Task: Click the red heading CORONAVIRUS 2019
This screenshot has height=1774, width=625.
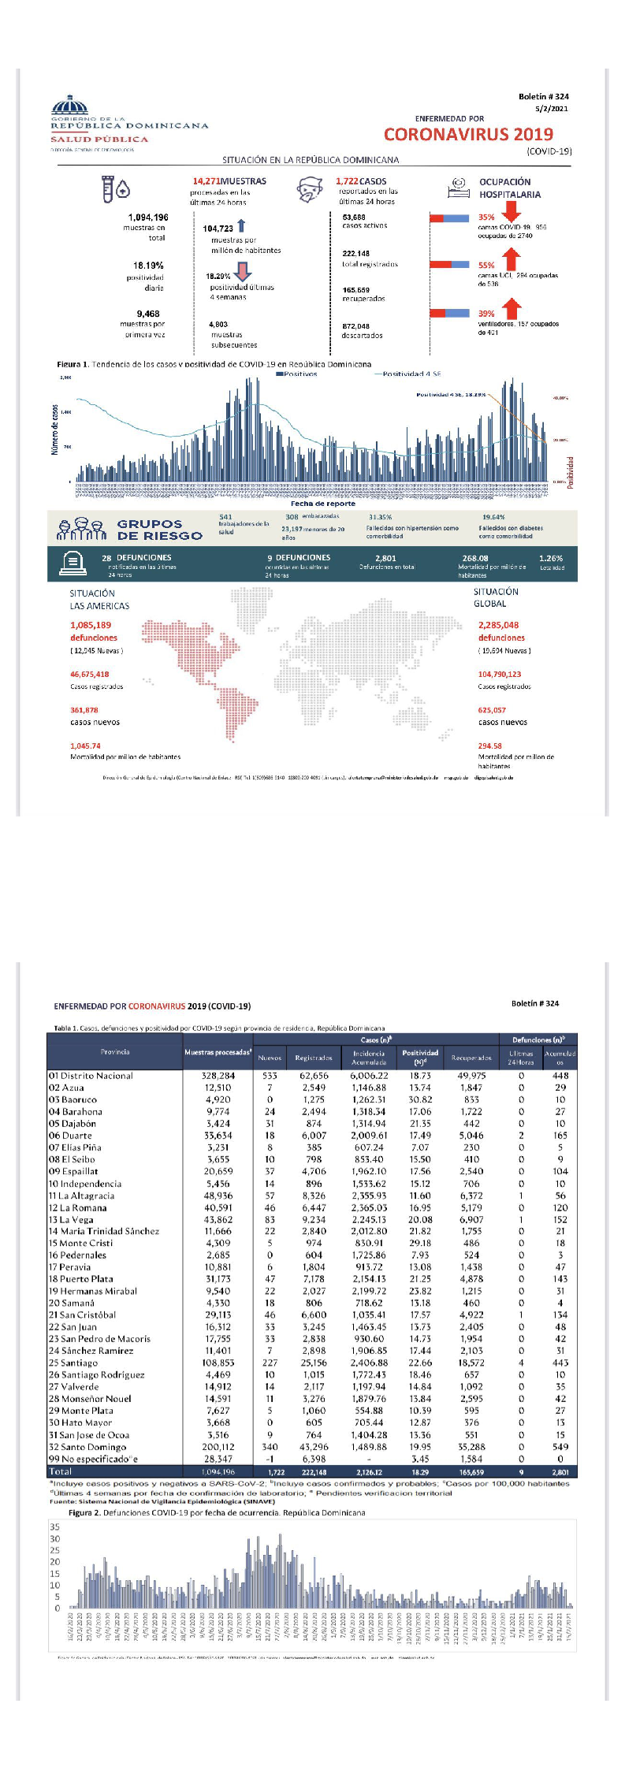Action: click(468, 134)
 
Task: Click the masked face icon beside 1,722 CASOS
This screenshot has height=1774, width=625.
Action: click(311, 190)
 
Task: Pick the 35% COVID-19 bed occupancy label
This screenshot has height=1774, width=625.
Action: click(486, 218)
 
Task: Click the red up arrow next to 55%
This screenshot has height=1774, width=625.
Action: click(511, 258)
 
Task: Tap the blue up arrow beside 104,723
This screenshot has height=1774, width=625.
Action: click(241, 225)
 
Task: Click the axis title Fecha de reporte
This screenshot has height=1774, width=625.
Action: click(323, 503)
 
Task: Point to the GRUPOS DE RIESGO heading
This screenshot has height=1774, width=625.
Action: click(159, 530)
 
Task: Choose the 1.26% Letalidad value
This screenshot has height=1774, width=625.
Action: click(551, 558)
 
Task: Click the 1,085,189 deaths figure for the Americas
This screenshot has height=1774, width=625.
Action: click(91, 625)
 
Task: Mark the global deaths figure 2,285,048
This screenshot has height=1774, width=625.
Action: click(498, 625)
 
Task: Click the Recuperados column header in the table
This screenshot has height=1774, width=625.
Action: click(471, 1058)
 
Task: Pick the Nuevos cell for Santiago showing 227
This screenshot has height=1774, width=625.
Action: click(270, 1363)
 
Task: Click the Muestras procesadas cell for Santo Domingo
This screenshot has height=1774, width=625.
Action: click(218, 1447)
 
